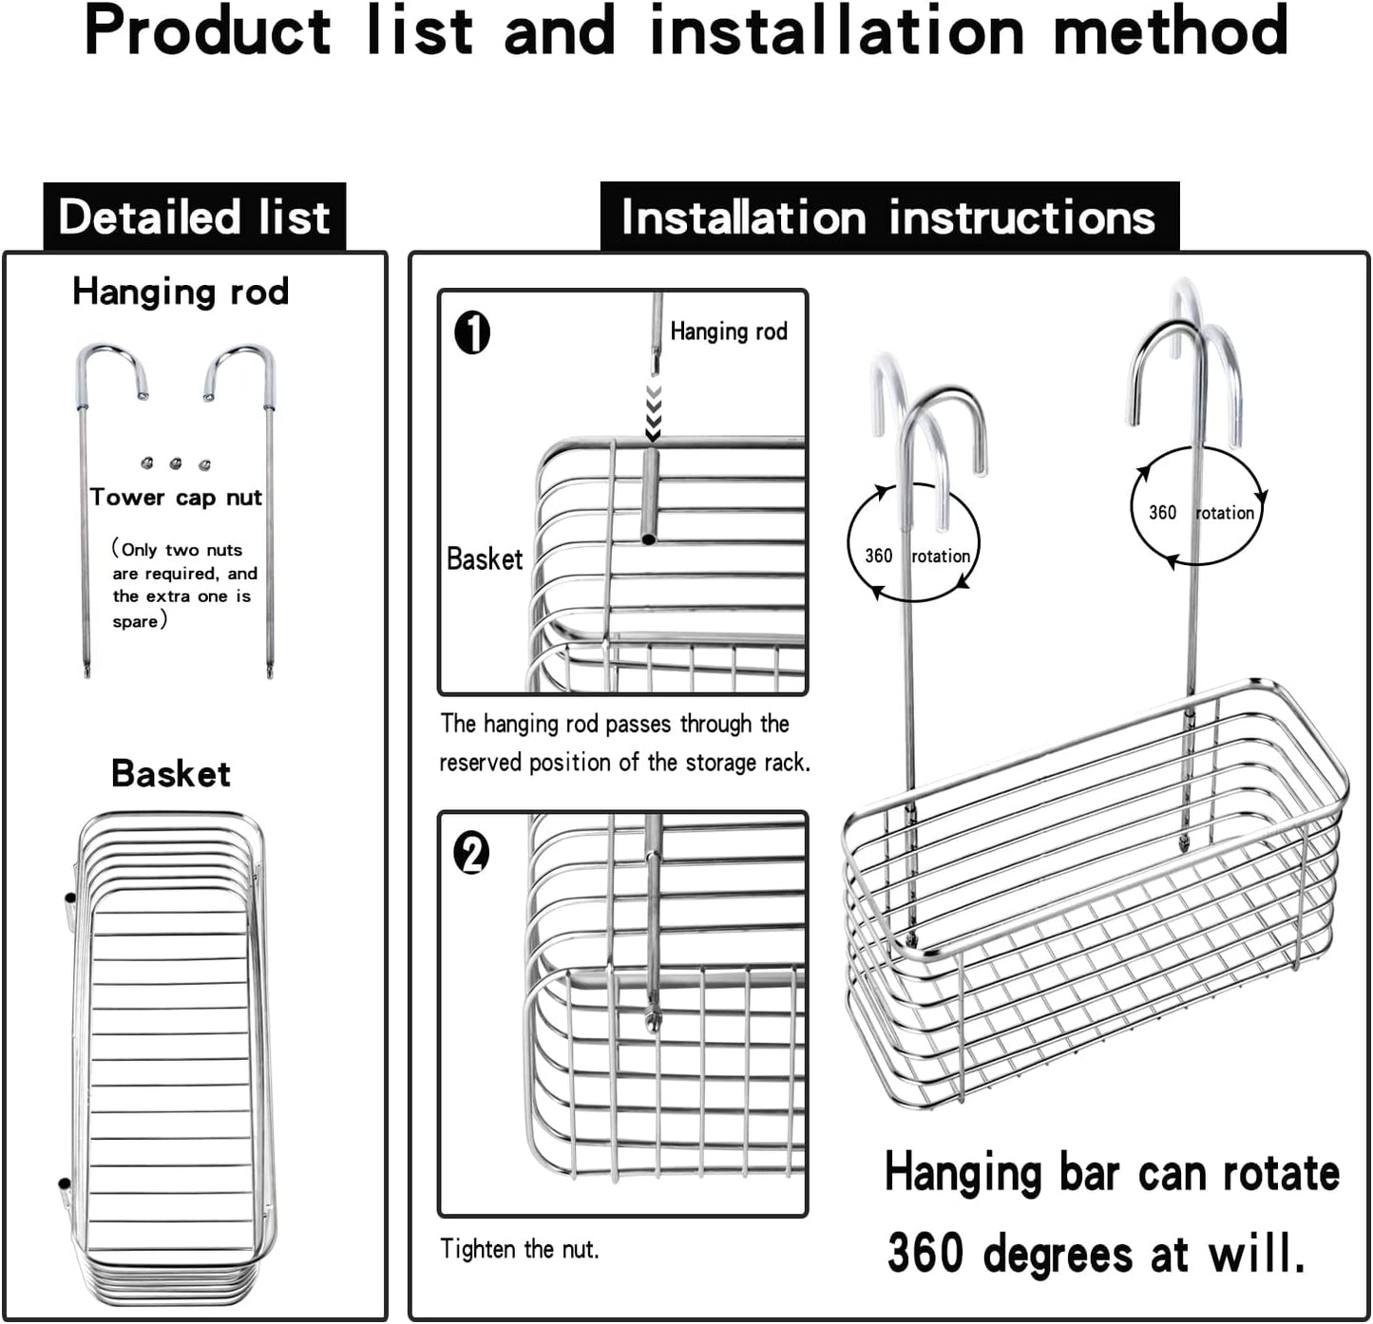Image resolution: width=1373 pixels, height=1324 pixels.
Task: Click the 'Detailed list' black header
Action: [194, 217]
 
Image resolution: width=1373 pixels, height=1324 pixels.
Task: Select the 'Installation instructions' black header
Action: [888, 217]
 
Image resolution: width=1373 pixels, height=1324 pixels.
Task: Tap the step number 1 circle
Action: [472, 333]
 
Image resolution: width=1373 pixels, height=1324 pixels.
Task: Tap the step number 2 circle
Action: [472, 852]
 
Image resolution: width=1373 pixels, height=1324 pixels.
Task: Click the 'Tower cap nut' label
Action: [176, 498]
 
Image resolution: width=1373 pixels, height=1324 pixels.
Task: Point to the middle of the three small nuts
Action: [176, 463]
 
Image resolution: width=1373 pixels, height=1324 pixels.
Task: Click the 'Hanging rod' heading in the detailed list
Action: [181, 292]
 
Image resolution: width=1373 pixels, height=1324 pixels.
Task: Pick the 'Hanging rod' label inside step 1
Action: [729, 331]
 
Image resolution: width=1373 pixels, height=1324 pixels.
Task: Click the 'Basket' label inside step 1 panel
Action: [485, 558]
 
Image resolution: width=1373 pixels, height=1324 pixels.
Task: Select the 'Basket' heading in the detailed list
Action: [171, 773]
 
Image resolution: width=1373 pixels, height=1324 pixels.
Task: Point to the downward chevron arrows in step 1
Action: [653, 412]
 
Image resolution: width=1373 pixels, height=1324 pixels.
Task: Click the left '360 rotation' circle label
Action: [914, 556]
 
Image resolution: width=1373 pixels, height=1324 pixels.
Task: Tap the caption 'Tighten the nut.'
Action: [520, 1249]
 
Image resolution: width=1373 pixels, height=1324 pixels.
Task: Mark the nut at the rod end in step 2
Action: [654, 1020]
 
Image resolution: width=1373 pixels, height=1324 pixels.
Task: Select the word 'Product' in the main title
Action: [207, 30]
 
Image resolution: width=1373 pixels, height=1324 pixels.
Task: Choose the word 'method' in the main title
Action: [1171, 30]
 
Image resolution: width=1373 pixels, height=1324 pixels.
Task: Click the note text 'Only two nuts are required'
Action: [181, 561]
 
